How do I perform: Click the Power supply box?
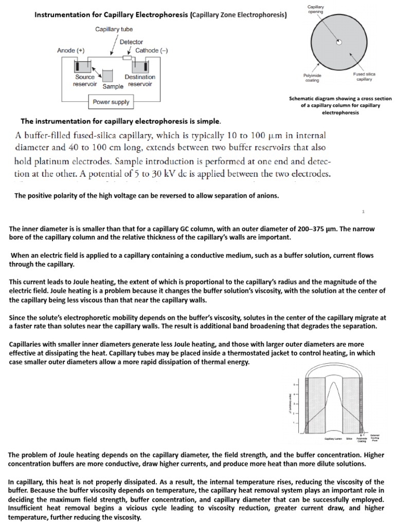(x=111, y=102)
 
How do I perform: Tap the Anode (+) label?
(x=71, y=50)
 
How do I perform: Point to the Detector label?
(x=131, y=42)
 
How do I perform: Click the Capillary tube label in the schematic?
(x=114, y=29)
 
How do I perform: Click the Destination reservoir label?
(x=140, y=81)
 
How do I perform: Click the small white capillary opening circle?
(x=338, y=43)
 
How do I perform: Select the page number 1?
(x=363, y=211)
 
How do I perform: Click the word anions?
(x=266, y=196)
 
